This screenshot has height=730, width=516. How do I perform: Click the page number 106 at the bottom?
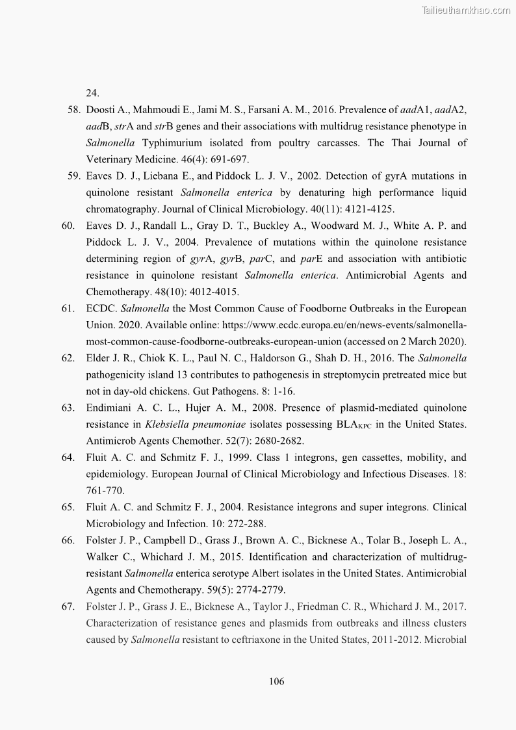(276, 681)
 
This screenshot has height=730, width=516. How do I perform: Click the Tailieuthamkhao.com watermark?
(466, 10)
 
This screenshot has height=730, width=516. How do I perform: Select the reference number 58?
(73, 109)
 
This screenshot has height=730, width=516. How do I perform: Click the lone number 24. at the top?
(92, 92)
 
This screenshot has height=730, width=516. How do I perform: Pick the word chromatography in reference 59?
(119, 209)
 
